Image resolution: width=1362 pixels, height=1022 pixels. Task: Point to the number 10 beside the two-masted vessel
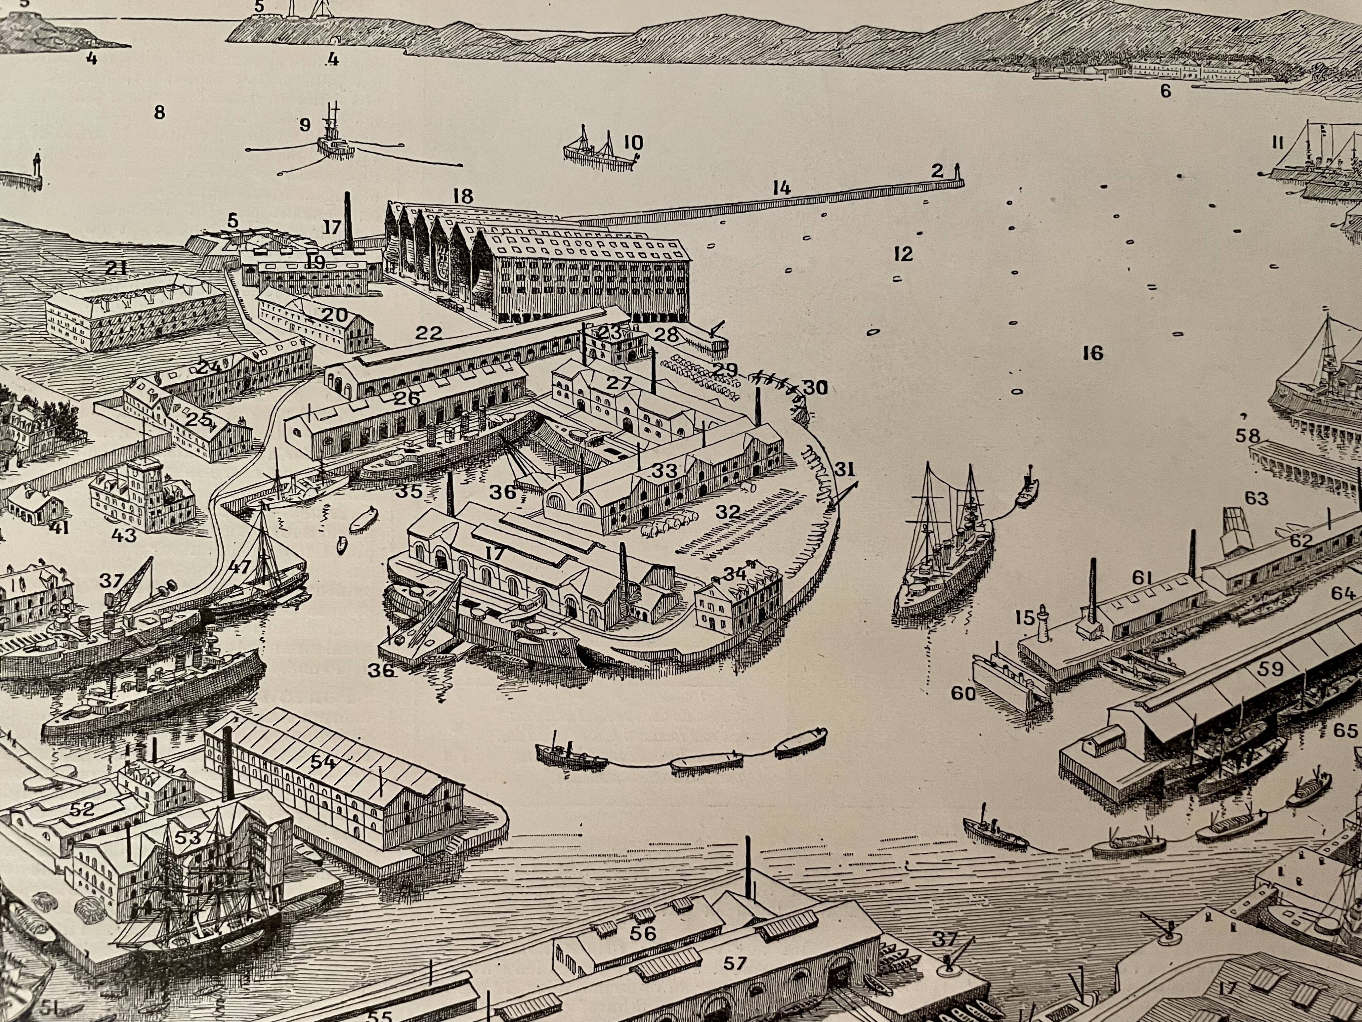(x=632, y=143)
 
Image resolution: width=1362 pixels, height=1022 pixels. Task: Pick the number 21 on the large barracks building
(x=116, y=268)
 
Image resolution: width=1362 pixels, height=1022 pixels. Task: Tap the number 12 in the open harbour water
(x=903, y=254)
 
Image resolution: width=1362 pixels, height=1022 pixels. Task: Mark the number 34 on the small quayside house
(x=734, y=574)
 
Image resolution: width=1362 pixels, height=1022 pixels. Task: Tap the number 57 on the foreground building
(x=734, y=963)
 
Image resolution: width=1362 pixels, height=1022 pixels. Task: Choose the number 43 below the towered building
(x=124, y=535)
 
